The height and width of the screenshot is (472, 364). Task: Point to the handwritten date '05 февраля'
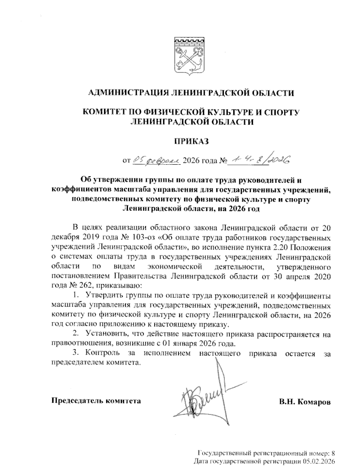pos(157,159)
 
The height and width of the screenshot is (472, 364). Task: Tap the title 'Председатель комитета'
pos(96,401)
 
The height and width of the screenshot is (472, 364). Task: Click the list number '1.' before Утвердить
pos(76,295)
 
